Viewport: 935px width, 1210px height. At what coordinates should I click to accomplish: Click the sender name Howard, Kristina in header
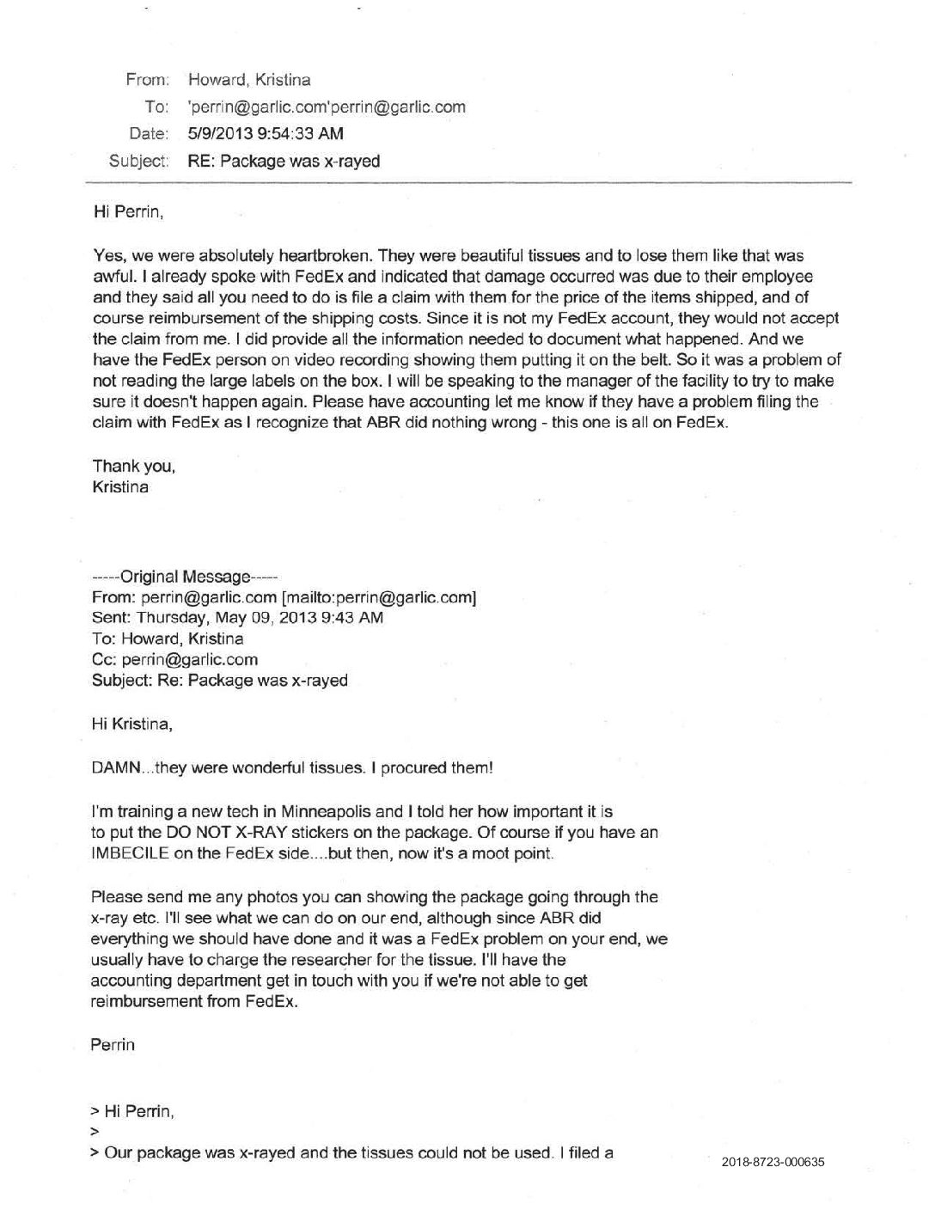[x=248, y=80]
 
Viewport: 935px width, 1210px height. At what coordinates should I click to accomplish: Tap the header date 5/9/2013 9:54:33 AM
[x=265, y=133]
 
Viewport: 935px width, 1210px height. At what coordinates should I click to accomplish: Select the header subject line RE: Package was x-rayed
[x=283, y=161]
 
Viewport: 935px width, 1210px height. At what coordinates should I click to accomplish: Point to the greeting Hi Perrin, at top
[x=127, y=211]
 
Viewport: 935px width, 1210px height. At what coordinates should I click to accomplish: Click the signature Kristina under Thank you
[x=120, y=487]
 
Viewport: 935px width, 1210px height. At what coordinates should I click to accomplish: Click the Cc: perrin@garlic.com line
[x=174, y=660]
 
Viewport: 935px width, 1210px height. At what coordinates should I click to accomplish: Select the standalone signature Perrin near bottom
[x=113, y=1045]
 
